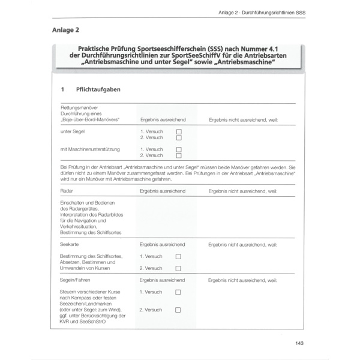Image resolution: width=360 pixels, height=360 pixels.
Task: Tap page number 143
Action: (x=301, y=343)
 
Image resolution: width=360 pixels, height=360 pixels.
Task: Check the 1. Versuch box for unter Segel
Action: (x=178, y=131)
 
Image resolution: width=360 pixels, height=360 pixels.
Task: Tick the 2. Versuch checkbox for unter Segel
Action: (x=178, y=137)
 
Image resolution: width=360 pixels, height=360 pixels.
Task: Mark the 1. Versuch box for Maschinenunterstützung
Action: (x=178, y=149)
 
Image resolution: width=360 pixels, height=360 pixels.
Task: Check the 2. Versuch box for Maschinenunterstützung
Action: (x=178, y=156)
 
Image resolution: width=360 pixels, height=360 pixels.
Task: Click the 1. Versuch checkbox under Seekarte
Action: (x=178, y=256)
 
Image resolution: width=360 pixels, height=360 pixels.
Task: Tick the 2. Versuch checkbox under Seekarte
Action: (x=178, y=268)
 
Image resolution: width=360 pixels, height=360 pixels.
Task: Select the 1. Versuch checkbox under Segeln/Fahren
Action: (x=178, y=292)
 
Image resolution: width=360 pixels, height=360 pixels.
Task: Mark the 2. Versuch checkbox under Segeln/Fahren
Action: (x=178, y=310)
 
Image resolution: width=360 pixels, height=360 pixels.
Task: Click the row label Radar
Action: (x=67, y=191)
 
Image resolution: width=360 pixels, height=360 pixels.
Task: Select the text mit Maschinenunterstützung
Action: (x=91, y=149)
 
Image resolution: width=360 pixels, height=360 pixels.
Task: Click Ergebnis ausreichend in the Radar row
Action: (x=162, y=191)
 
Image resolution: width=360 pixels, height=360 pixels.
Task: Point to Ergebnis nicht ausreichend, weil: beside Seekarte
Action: (x=243, y=245)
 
